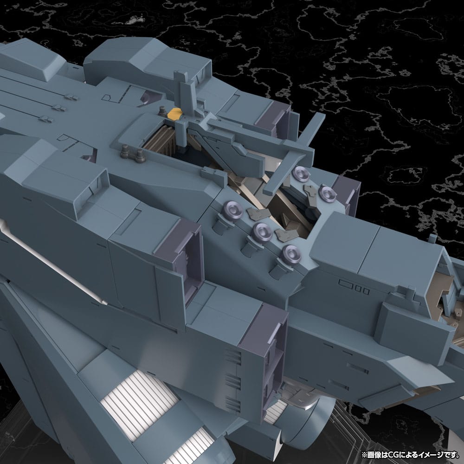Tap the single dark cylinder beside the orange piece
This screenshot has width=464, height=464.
(x=162, y=110)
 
